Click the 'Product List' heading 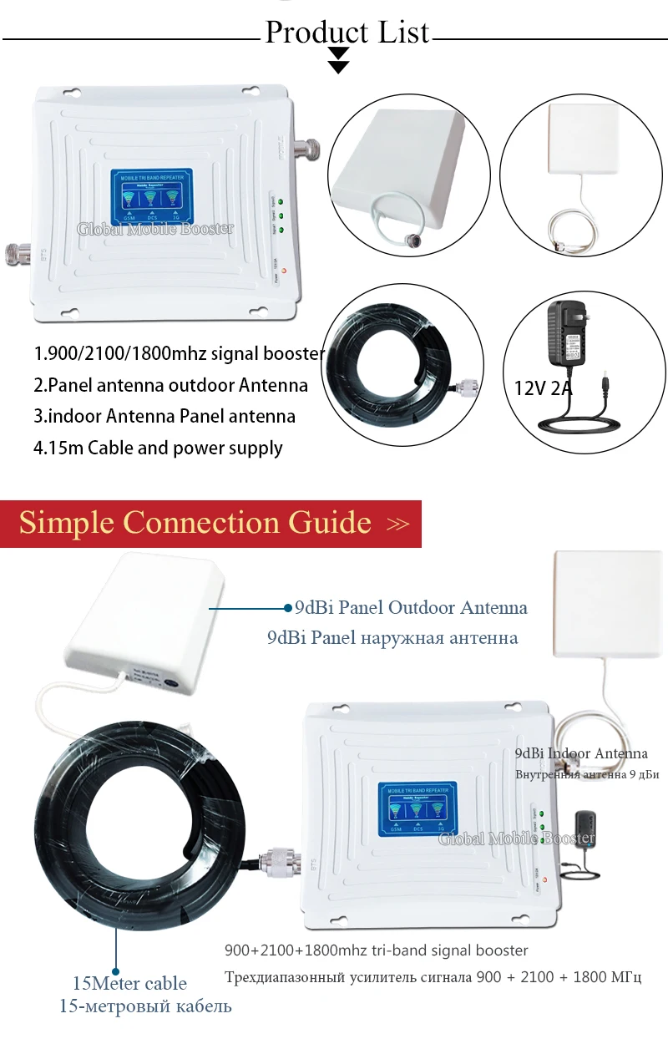347,33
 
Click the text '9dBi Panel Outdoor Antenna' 411,607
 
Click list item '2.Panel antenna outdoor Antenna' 170,385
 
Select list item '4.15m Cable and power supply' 158,448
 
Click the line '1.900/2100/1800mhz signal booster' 179,353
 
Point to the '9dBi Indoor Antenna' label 581,753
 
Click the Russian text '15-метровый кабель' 145,1006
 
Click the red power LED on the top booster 285,270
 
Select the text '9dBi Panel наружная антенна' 392,638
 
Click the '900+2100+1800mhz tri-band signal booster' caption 376,950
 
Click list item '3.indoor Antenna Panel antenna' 164,416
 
